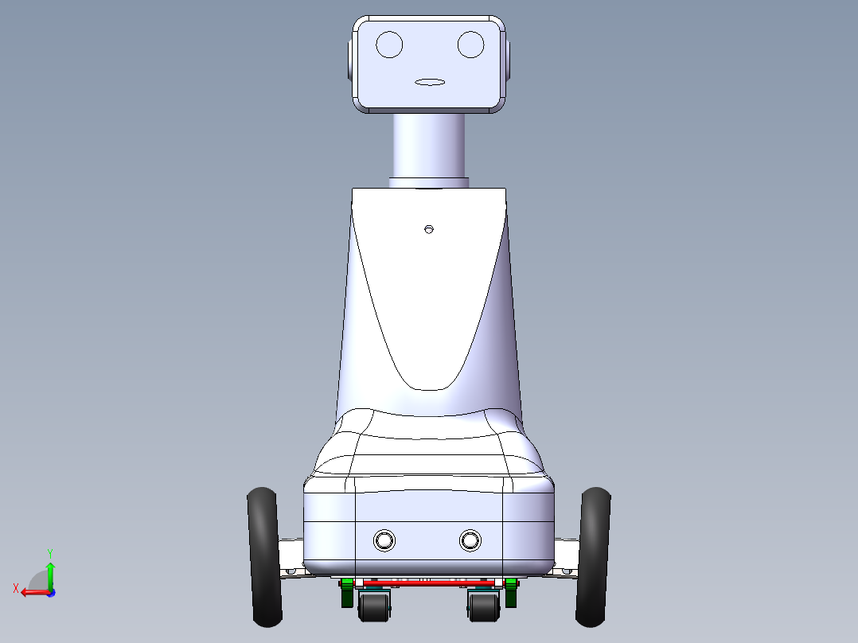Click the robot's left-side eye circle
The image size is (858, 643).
click(x=389, y=44)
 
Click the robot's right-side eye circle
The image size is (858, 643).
click(x=471, y=44)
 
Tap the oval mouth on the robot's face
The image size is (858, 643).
click(x=430, y=81)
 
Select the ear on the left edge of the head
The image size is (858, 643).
click(x=350, y=60)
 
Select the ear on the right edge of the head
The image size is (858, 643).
click(x=508, y=60)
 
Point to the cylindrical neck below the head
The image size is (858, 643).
click(x=429, y=147)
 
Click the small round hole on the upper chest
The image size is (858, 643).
click(x=429, y=229)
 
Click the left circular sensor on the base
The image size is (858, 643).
click(x=384, y=540)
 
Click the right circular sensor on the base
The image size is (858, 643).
click(x=470, y=540)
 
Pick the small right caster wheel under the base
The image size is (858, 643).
click(x=482, y=608)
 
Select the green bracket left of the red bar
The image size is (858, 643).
click(x=347, y=594)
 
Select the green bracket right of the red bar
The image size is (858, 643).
click(x=511, y=594)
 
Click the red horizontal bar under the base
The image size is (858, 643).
click(x=430, y=583)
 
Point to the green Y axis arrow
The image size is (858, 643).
click(x=50, y=573)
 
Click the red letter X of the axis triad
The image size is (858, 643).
click(x=16, y=588)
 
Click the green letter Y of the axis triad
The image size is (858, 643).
click(x=49, y=552)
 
